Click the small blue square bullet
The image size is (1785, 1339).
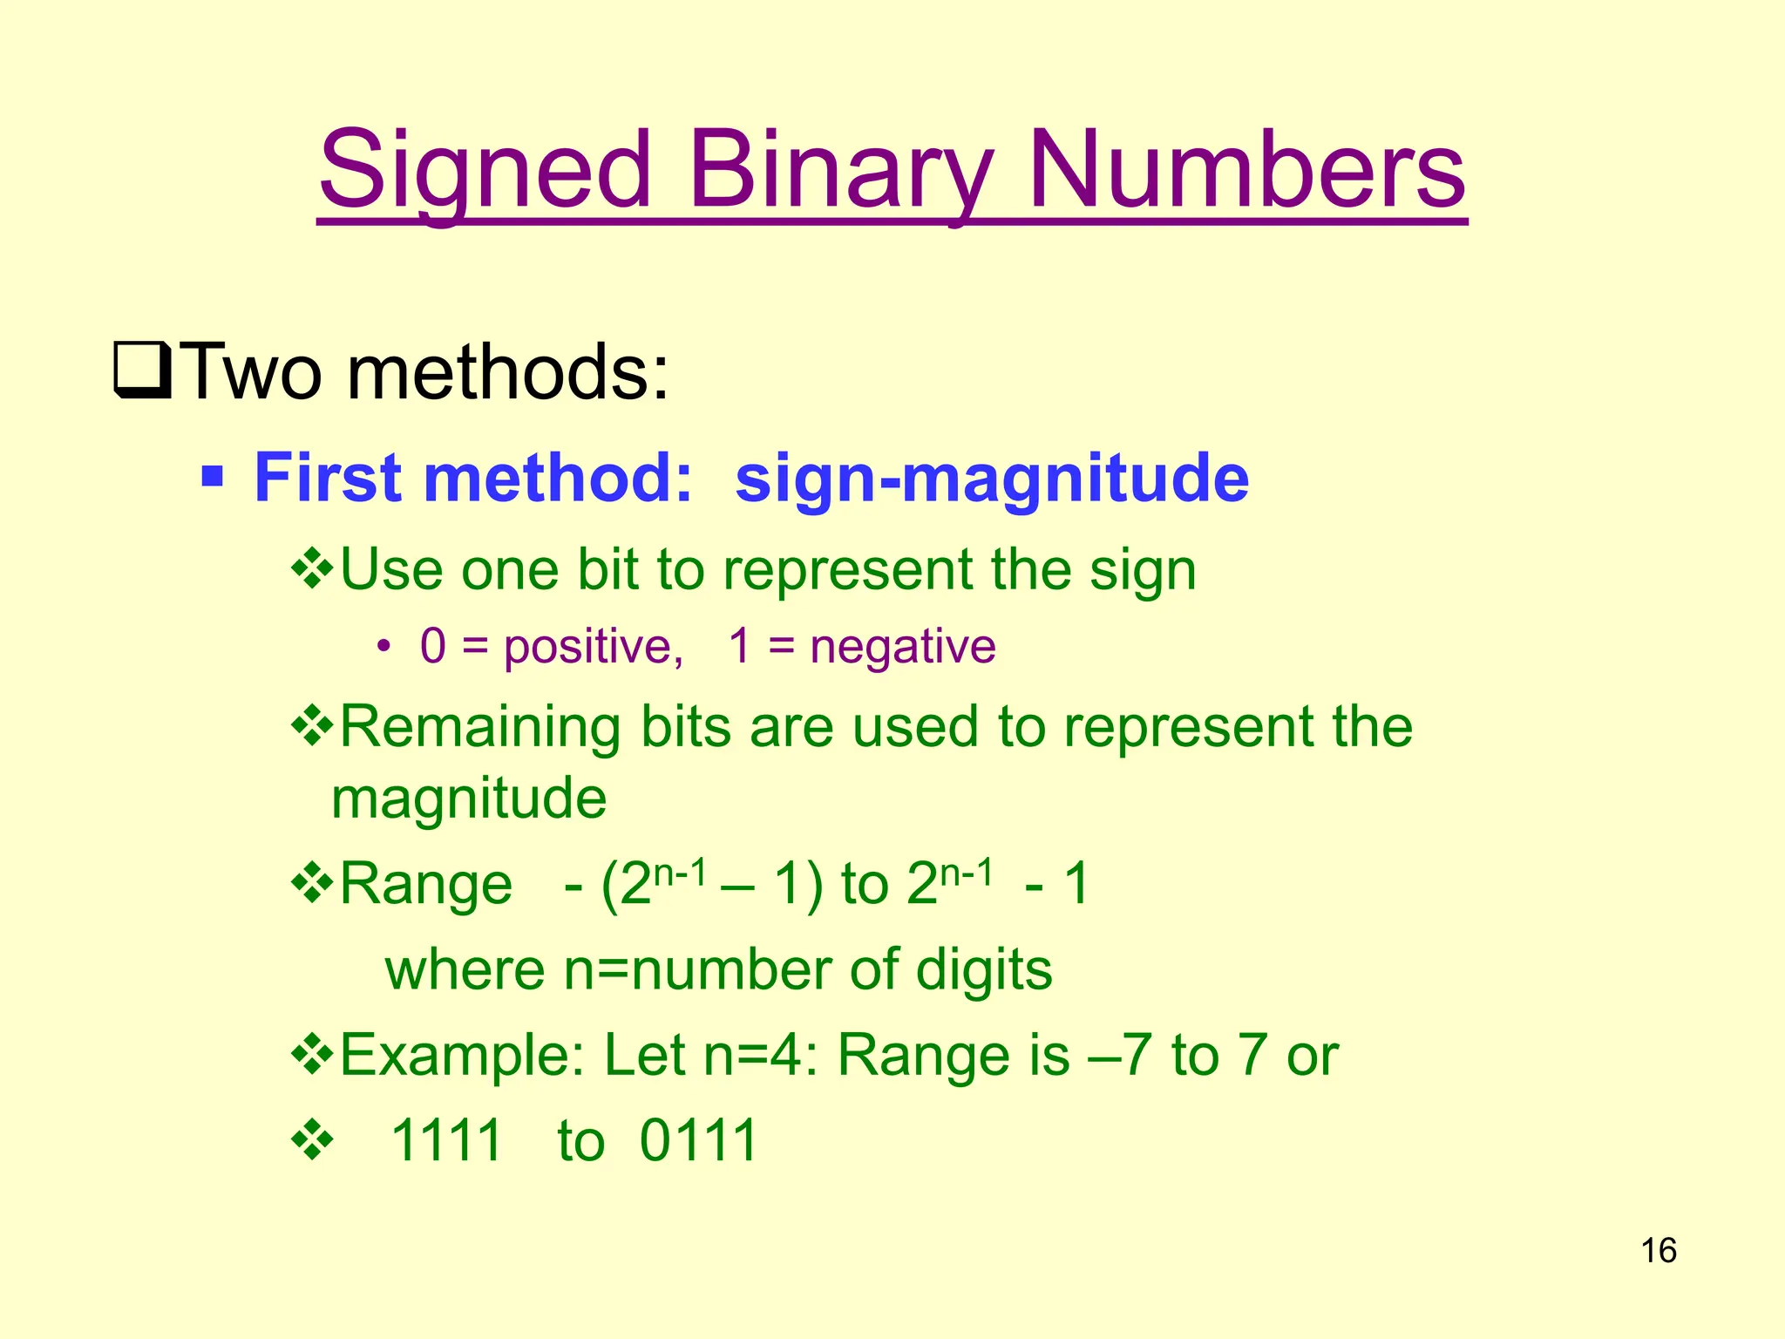click(x=212, y=477)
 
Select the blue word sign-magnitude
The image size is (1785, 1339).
click(x=992, y=479)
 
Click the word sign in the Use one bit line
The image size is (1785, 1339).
click(x=1143, y=572)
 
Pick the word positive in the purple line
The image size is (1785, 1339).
click(x=593, y=648)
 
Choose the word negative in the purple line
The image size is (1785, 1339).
click(x=903, y=648)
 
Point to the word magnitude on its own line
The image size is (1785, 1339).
click(x=469, y=799)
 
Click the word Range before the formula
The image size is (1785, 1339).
click(x=425, y=884)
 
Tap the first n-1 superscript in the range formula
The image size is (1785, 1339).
click(x=679, y=869)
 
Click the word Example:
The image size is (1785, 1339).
click(x=462, y=1055)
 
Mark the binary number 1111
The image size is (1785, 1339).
click(x=446, y=1140)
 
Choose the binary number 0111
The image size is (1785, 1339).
click(x=698, y=1140)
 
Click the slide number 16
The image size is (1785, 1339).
click(x=1659, y=1251)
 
